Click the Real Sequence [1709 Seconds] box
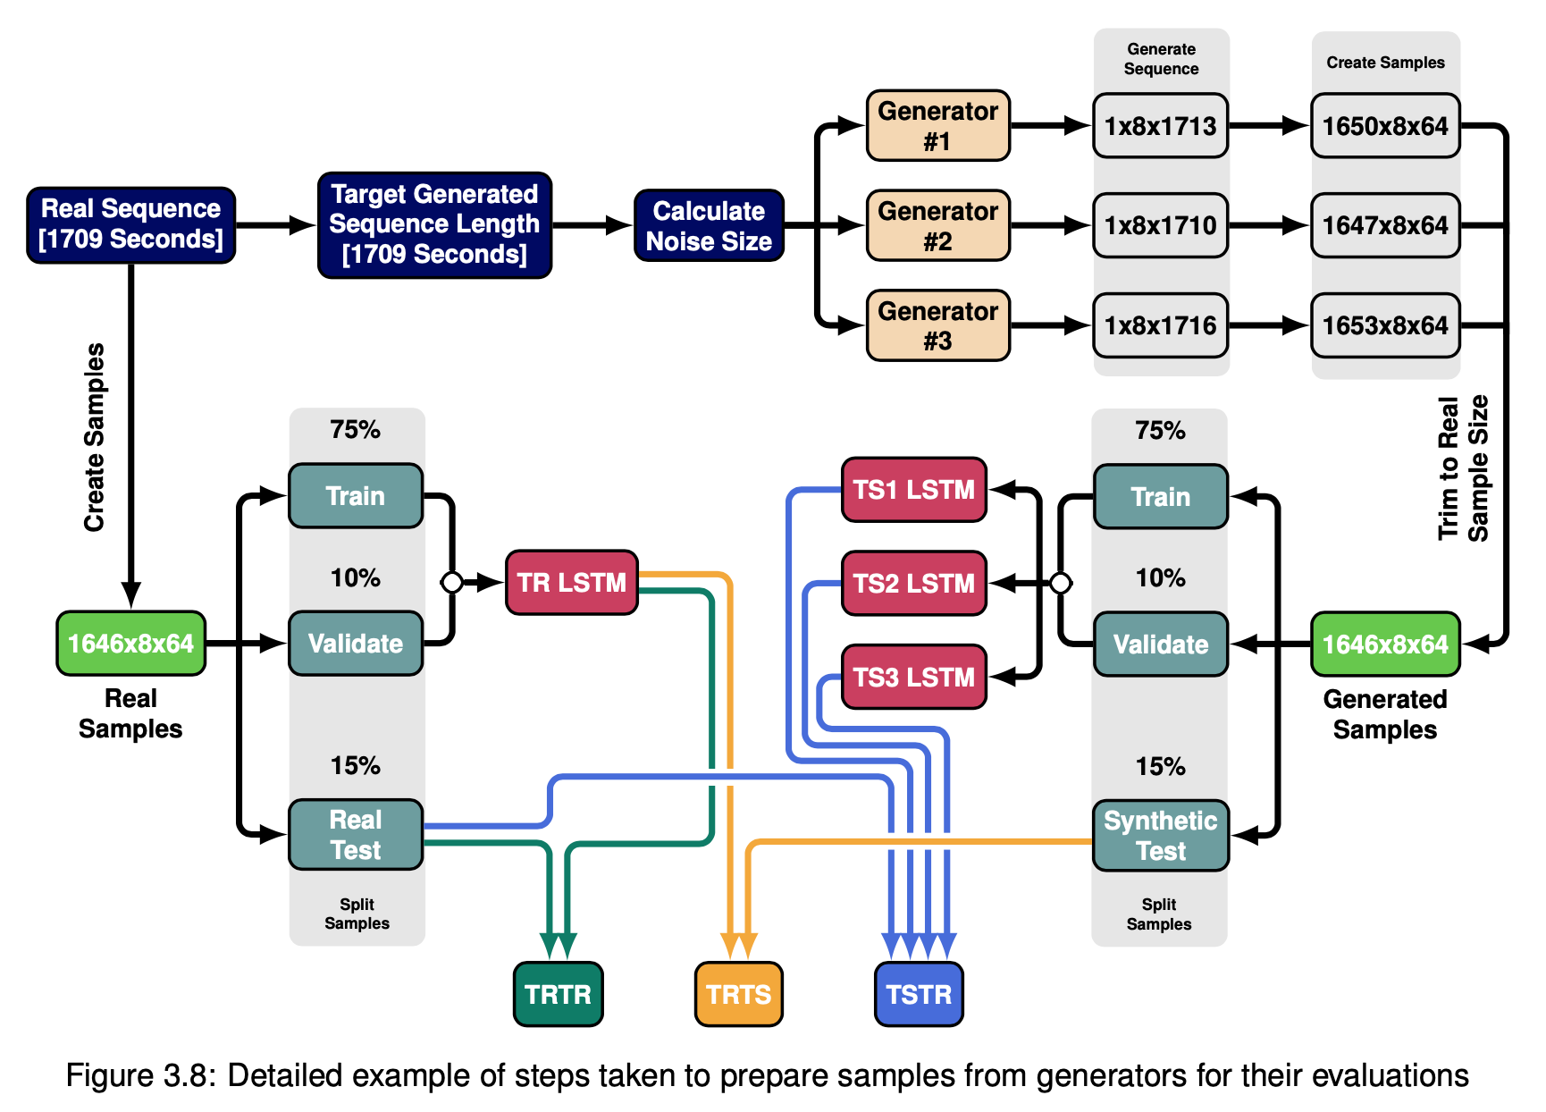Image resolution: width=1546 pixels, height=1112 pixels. click(131, 225)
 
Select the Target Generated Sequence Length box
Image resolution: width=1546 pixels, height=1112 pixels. click(435, 225)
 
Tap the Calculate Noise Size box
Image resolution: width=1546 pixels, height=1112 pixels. click(709, 225)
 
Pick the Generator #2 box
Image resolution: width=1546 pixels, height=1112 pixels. click(938, 225)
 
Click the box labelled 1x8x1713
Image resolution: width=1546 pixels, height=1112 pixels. click(1161, 126)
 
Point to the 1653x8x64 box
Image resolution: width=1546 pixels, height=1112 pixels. click(1385, 325)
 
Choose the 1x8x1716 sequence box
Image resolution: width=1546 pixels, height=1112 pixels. click(1161, 325)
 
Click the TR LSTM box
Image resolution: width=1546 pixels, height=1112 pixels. click(572, 583)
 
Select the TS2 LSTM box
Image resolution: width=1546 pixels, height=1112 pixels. click(914, 584)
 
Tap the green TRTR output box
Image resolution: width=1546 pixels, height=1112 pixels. click(559, 994)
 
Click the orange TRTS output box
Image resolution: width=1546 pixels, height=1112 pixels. click(739, 994)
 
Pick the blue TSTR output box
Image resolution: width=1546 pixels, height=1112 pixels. click(919, 994)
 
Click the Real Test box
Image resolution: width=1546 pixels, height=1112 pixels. click(356, 835)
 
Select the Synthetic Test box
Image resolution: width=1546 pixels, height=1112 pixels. click(1161, 836)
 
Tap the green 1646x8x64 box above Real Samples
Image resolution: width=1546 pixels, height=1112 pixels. click(131, 644)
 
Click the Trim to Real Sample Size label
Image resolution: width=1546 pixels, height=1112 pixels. click(1463, 468)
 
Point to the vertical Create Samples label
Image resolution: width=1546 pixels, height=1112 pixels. click(94, 437)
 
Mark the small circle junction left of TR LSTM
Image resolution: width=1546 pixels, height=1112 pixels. click(452, 583)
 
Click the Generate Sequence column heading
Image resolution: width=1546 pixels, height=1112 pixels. click(1161, 59)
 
